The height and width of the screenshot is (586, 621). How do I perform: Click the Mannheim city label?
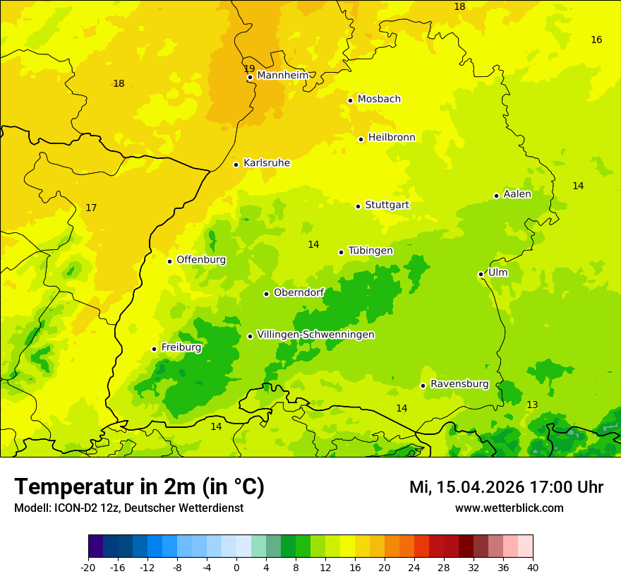pos(283,76)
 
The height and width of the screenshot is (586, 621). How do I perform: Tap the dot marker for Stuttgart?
pos(358,206)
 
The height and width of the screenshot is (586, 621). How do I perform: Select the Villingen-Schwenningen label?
pos(315,335)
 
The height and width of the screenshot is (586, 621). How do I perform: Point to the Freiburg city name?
pos(181,347)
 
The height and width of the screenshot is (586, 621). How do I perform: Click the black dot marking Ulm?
pos(481,274)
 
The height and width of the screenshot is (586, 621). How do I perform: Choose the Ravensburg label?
pos(459,384)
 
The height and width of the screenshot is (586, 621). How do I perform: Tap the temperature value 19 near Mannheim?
pos(249,68)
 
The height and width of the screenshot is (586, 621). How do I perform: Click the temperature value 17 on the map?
pos(91,208)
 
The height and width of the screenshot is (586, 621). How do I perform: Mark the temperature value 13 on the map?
pos(532,405)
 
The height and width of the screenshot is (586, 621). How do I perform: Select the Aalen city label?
pos(517,194)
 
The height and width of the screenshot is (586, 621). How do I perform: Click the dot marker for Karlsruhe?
pos(236,165)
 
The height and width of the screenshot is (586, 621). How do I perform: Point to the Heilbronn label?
pos(392,138)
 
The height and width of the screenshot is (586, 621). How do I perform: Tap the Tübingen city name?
pos(370,251)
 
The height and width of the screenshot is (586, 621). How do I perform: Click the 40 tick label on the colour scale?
pos(533,567)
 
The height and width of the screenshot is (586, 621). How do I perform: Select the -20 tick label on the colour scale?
pos(88,567)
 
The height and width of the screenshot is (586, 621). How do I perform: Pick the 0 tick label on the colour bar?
pos(236,567)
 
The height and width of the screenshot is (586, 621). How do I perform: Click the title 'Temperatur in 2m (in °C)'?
pos(139,486)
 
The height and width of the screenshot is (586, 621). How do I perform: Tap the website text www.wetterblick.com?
pos(509,508)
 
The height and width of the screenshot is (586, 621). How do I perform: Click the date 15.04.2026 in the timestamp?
pos(480,487)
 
